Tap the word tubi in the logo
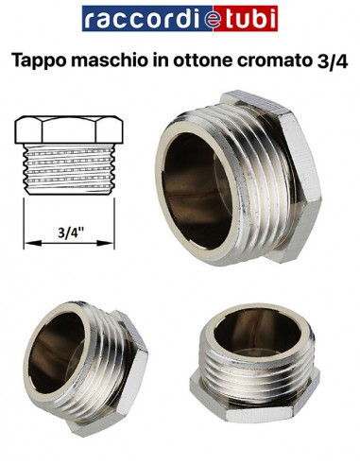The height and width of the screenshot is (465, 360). (248, 19)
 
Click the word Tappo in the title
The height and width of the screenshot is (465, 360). (42, 62)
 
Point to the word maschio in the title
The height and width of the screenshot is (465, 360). (111, 62)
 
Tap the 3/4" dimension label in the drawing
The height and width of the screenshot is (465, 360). (68, 231)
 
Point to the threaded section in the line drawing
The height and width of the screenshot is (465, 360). (68, 170)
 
